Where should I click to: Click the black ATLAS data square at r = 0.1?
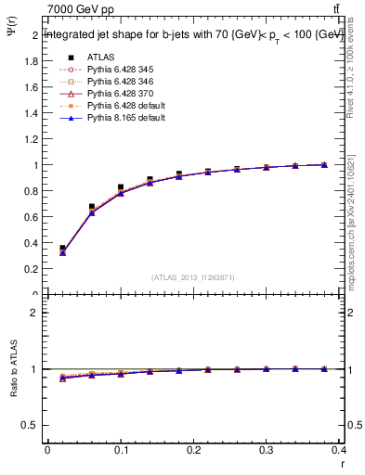click(121, 187)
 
